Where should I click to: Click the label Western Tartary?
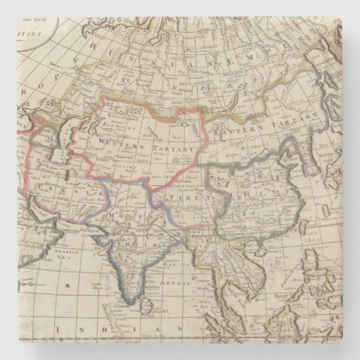point(146,145)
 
